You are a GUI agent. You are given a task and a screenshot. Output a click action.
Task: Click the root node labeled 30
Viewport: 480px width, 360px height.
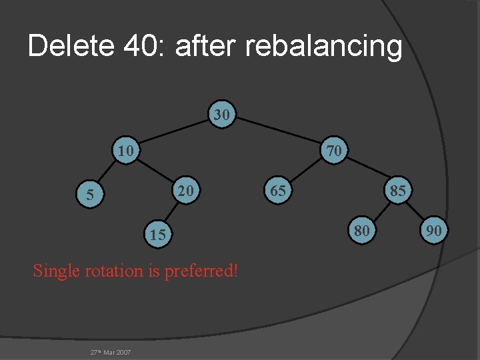coord(222,115)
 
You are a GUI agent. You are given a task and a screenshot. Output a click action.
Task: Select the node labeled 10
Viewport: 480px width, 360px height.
coord(125,151)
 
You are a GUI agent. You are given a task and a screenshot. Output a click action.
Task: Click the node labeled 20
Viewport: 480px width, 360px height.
coord(186,191)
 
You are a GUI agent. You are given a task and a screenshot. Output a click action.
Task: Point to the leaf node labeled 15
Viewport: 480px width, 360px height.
coord(157,234)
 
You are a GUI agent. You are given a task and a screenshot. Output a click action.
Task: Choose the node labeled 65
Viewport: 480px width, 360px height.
coord(278,191)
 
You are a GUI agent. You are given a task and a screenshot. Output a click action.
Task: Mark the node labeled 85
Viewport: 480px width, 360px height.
coord(398,191)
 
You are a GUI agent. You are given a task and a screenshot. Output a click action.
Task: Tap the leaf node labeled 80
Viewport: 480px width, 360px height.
coord(361,231)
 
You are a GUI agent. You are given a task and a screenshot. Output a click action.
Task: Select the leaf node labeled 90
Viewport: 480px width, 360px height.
coord(434,231)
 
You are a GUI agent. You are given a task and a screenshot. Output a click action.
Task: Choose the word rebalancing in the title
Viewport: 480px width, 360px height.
coord(324,47)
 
